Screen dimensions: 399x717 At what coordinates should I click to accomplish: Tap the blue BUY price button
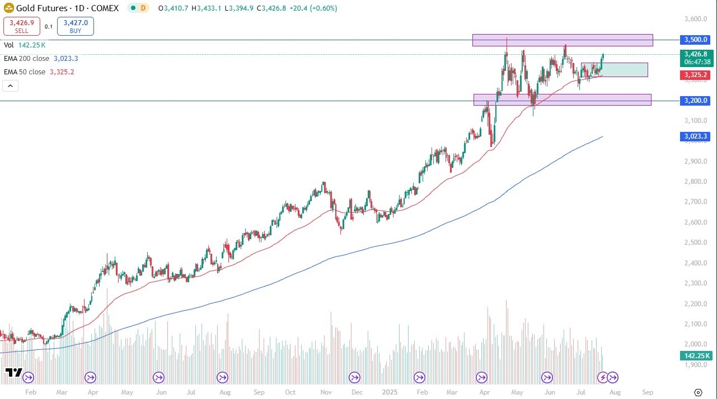[76, 26]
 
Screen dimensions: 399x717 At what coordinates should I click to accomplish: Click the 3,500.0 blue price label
[695, 40]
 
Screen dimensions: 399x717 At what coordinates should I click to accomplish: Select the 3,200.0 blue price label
[695, 101]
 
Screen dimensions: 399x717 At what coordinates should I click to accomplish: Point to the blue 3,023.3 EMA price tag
[695, 136]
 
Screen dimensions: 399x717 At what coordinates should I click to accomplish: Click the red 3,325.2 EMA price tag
[695, 74]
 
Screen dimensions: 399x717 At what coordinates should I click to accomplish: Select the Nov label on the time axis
[324, 392]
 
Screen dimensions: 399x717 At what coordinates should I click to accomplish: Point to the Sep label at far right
[648, 392]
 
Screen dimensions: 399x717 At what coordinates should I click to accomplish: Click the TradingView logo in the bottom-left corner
[13, 373]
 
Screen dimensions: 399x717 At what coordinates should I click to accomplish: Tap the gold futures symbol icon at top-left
[9, 8]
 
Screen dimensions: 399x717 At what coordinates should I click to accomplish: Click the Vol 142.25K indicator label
[25, 45]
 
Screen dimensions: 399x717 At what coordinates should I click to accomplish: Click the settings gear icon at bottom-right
[698, 392]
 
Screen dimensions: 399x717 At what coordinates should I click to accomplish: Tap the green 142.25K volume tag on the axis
[695, 355]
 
